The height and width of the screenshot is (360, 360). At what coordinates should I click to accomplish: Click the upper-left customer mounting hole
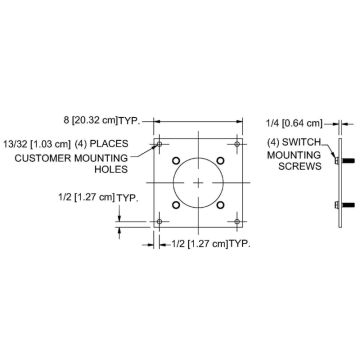pyautogui.click(x=159, y=144)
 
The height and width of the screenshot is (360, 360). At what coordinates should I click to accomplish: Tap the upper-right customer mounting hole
pyautogui.click(x=237, y=144)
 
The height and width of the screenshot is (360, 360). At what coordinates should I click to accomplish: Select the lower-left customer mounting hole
pyautogui.click(x=159, y=221)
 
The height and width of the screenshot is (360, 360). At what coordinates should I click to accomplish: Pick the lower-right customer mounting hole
pyautogui.click(x=237, y=221)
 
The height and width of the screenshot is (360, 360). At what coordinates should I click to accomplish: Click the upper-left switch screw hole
pyautogui.click(x=176, y=161)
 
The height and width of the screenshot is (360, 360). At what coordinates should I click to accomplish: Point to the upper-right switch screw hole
pyautogui.click(x=220, y=161)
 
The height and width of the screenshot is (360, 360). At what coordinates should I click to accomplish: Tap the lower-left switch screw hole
pyautogui.click(x=176, y=205)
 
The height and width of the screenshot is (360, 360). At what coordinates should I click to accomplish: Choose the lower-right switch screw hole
pyautogui.click(x=220, y=205)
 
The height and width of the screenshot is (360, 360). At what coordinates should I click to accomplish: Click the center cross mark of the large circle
pyautogui.click(x=198, y=183)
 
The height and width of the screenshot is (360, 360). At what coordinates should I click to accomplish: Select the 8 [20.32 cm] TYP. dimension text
pyautogui.click(x=101, y=120)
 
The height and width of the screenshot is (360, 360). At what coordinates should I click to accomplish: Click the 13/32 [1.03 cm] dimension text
pyautogui.click(x=37, y=144)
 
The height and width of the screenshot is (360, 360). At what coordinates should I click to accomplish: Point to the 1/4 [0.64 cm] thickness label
pyautogui.click(x=294, y=124)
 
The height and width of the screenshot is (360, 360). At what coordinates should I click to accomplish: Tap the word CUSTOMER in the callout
pyautogui.click(x=43, y=158)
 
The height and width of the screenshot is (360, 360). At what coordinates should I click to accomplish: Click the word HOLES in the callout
pyautogui.click(x=111, y=169)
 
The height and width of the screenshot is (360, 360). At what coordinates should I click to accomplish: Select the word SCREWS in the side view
pyautogui.click(x=300, y=166)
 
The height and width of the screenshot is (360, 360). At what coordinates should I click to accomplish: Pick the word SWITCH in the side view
pyautogui.click(x=301, y=143)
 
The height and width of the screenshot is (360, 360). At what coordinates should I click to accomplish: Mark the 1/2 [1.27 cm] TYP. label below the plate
pyautogui.click(x=211, y=244)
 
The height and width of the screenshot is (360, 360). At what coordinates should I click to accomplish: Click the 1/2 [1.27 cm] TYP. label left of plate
pyautogui.click(x=98, y=197)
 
